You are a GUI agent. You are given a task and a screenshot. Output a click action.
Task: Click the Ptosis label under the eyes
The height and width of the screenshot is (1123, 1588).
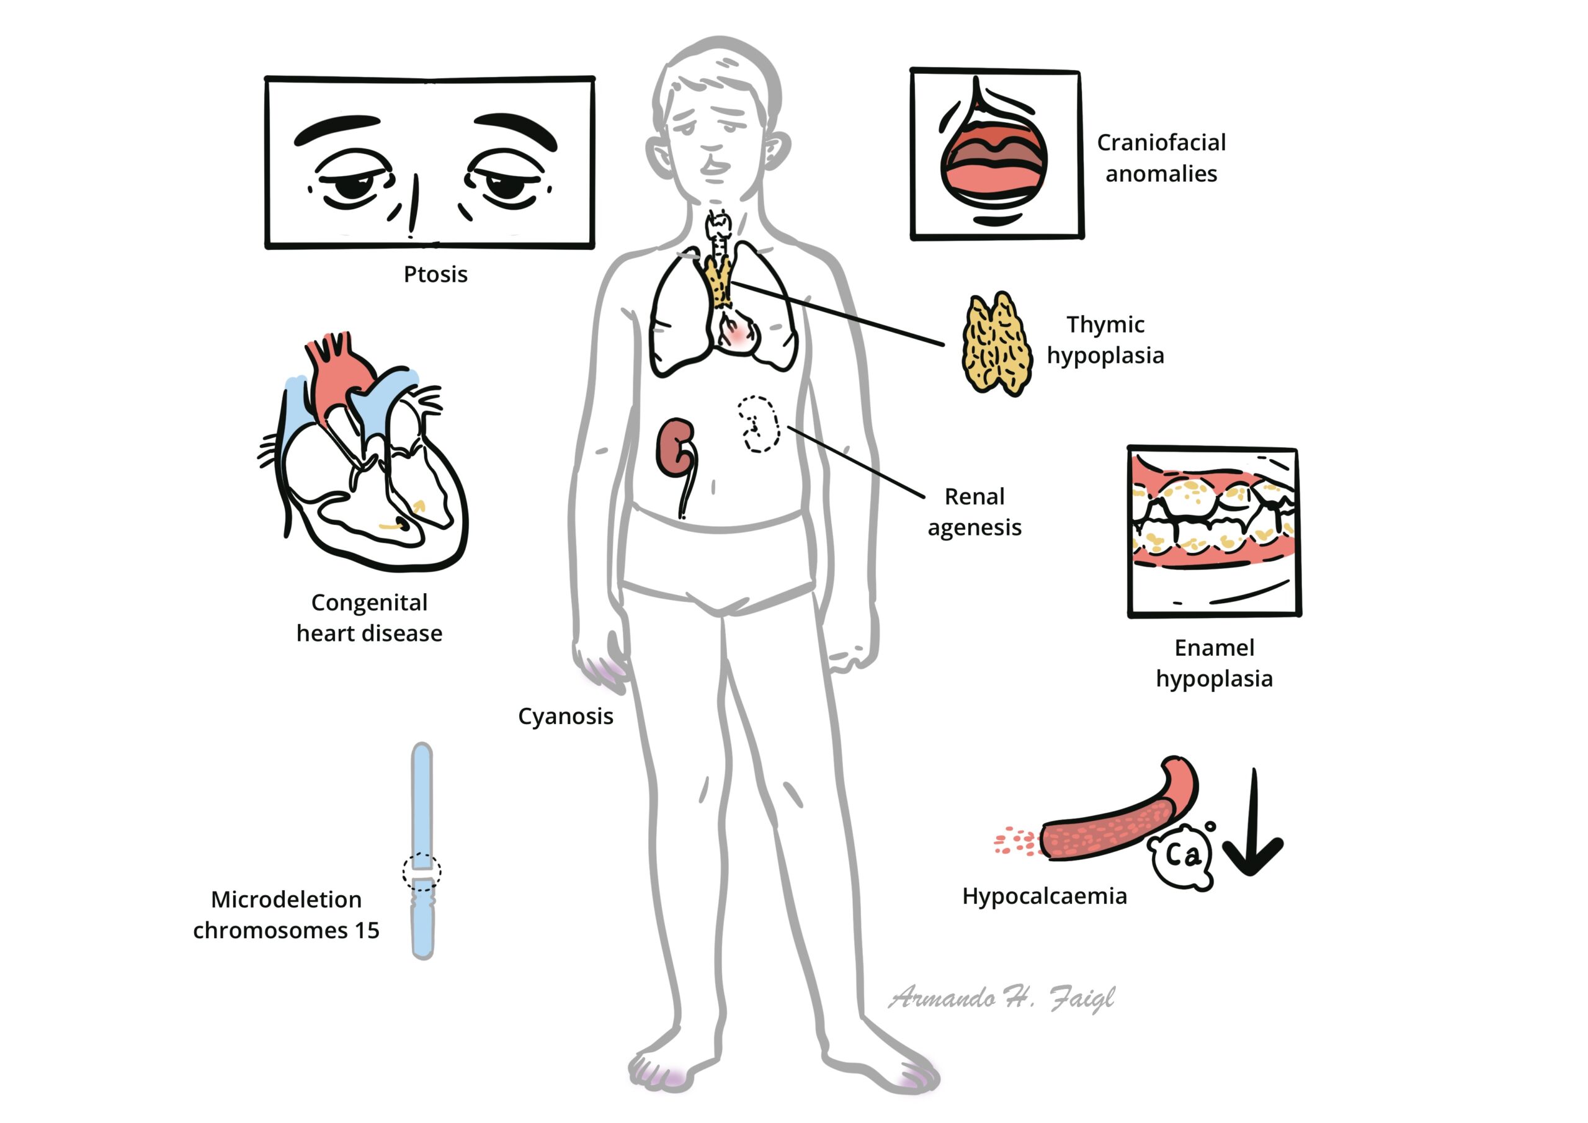[x=435, y=275]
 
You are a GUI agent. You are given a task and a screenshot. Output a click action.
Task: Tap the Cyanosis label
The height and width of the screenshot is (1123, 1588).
[x=565, y=717]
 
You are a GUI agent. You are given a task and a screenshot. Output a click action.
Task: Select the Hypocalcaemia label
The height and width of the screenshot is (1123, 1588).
[x=1045, y=897]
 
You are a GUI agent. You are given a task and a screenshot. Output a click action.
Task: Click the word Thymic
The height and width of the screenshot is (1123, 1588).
[x=1105, y=324]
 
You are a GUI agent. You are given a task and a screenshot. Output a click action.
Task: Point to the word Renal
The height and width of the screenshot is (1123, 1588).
[x=974, y=496]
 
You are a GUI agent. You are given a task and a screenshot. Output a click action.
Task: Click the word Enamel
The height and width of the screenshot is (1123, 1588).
[x=1214, y=648]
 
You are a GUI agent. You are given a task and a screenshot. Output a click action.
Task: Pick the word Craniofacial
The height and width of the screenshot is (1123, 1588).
[x=1161, y=143]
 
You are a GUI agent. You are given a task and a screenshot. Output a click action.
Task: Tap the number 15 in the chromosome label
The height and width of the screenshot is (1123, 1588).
[x=367, y=931]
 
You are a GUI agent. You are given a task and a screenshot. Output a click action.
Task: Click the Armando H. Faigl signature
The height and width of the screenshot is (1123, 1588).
[x=1001, y=998]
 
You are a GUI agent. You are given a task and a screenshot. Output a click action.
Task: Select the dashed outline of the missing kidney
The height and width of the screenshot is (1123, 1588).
[x=759, y=424]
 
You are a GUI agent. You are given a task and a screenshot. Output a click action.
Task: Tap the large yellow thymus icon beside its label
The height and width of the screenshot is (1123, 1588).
[x=997, y=344]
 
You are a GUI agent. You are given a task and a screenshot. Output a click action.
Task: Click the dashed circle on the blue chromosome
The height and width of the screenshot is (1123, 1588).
[x=422, y=872]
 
